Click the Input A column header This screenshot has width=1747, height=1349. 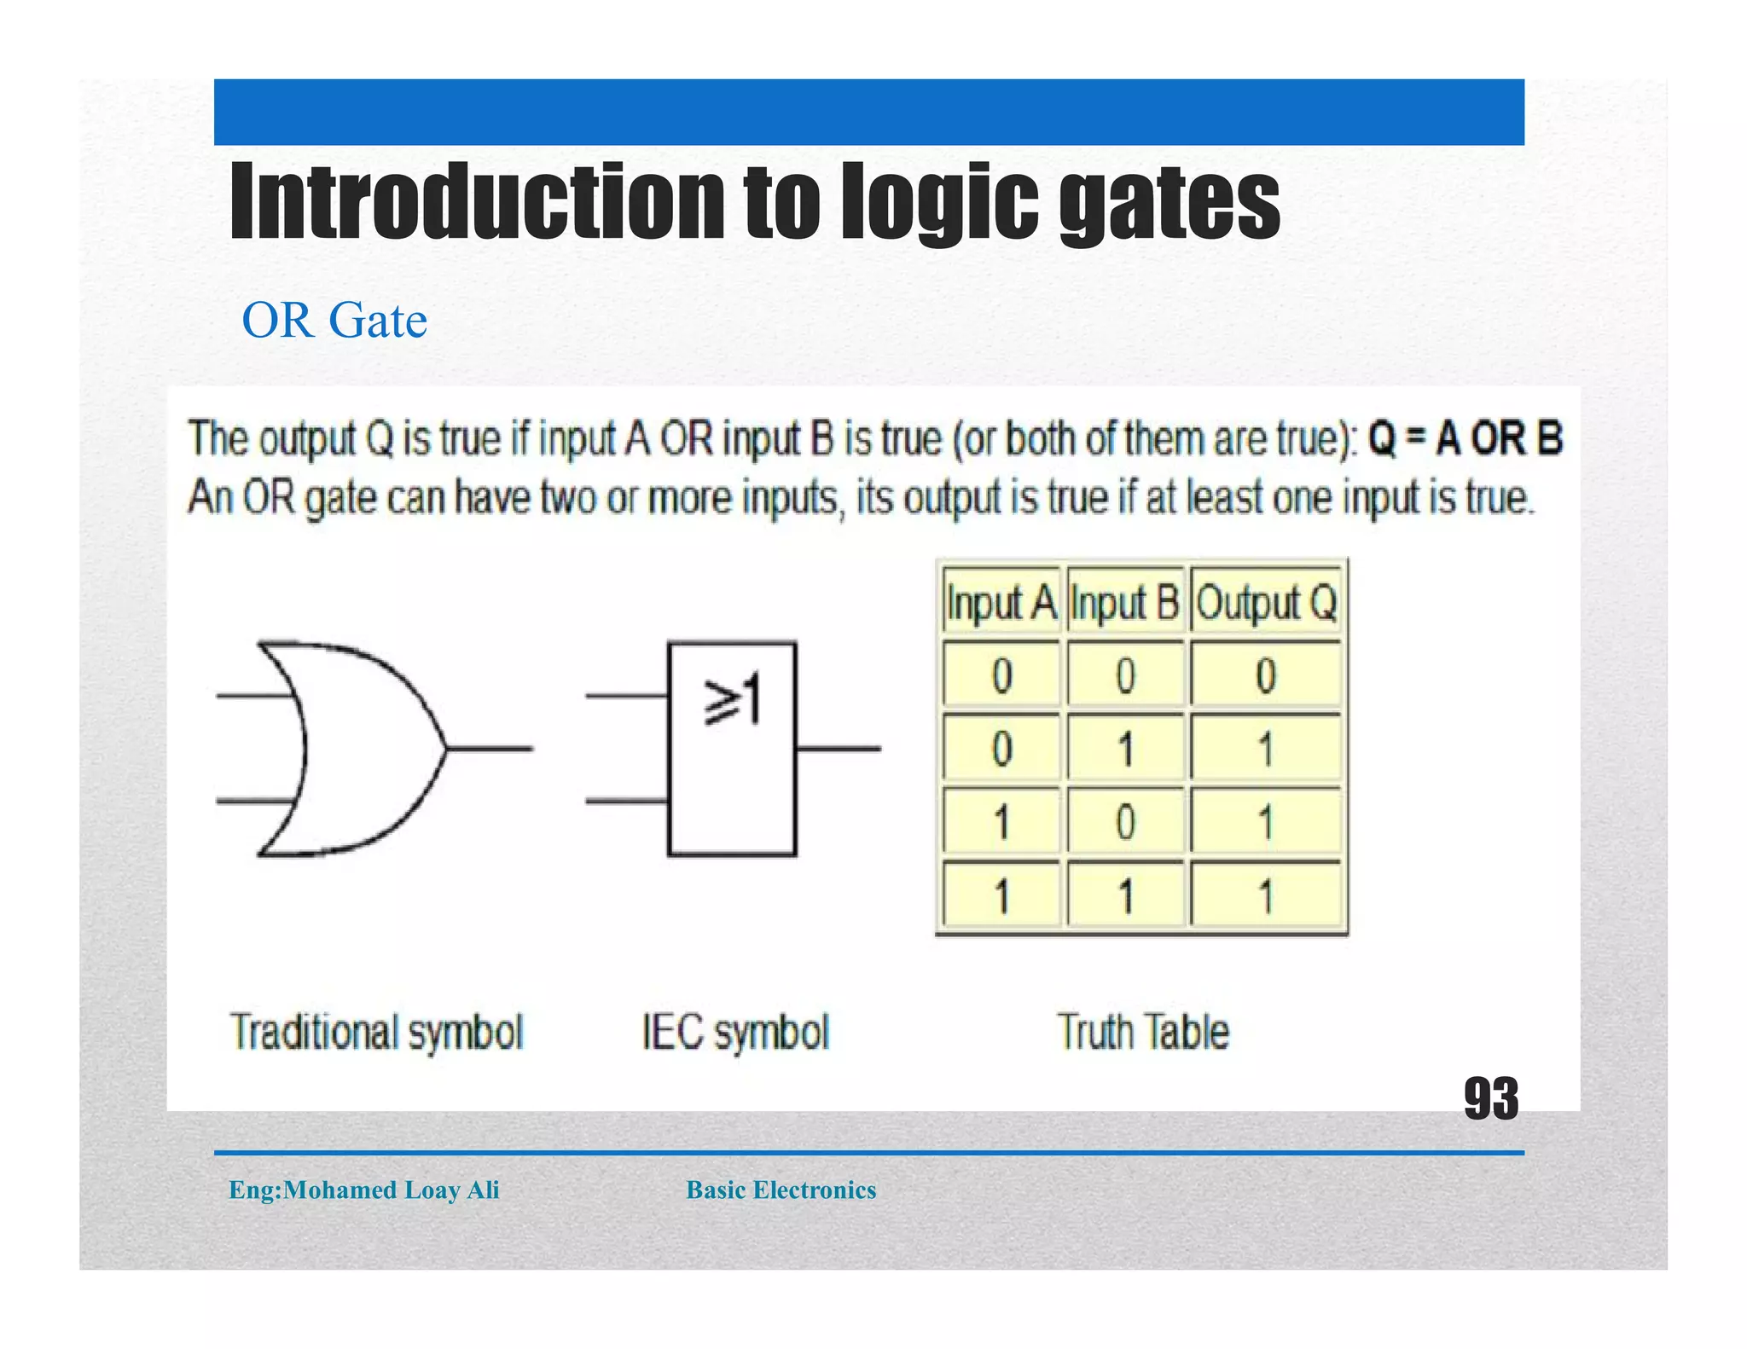(1001, 603)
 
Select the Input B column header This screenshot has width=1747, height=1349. (1125, 603)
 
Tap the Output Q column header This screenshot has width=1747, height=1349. (1266, 603)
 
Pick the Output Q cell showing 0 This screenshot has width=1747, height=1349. (1266, 675)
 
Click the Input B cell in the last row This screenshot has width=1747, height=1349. (1125, 896)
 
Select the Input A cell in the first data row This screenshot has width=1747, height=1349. (1001, 675)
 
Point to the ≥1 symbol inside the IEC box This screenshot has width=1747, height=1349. (732, 700)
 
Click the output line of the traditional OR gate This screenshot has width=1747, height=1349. (490, 749)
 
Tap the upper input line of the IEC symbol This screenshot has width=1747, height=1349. (626, 696)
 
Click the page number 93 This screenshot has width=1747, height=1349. (1490, 1098)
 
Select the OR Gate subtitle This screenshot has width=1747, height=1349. (334, 321)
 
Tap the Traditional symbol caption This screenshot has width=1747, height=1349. (376, 1032)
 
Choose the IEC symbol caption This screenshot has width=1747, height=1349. (735, 1032)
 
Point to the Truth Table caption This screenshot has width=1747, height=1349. (1143, 1032)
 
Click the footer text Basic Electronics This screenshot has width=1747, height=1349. (781, 1190)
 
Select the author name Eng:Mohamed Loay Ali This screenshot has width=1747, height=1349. (364, 1190)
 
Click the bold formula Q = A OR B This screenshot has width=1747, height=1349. (1465, 439)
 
